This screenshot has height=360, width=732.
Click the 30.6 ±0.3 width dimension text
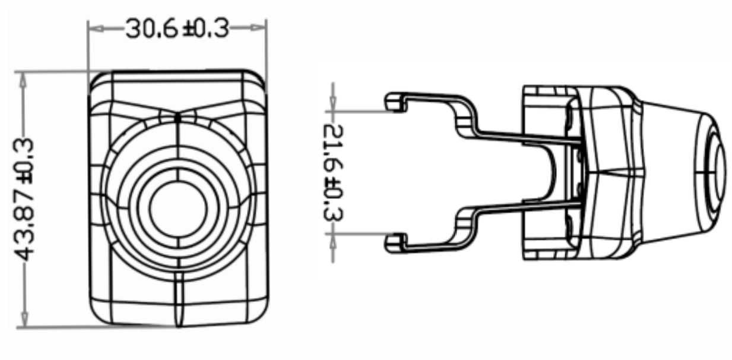(x=177, y=27)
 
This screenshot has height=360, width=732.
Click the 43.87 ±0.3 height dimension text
(x=25, y=199)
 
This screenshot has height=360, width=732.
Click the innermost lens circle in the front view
(x=178, y=207)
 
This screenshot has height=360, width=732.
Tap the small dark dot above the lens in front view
(x=178, y=118)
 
